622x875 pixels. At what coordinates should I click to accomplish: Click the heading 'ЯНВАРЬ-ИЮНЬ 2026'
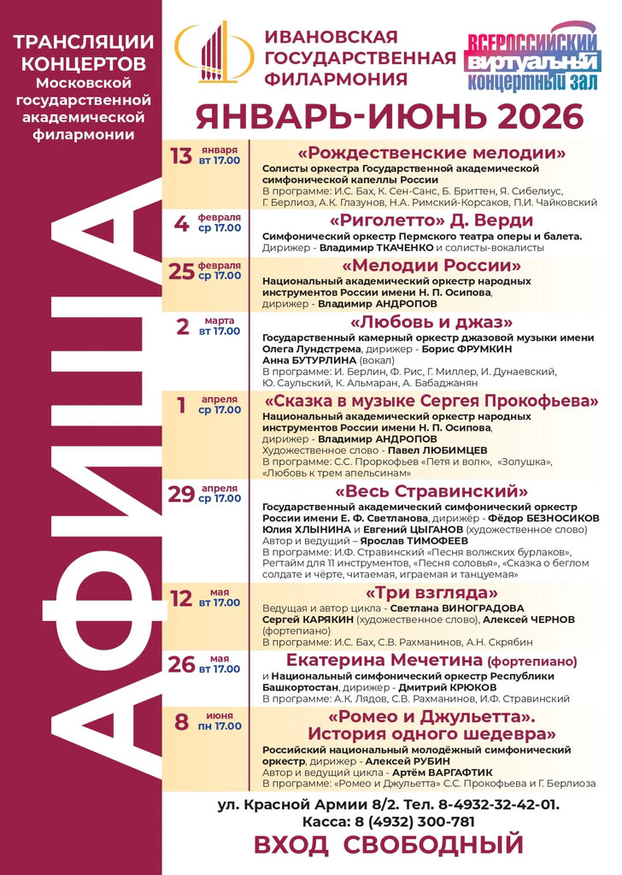(389, 115)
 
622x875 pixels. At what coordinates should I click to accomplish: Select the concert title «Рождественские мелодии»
(431, 154)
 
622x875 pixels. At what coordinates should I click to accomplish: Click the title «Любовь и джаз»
(431, 322)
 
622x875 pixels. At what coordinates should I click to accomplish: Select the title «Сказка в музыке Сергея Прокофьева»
(431, 401)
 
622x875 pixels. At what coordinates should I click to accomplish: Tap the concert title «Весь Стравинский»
(431, 491)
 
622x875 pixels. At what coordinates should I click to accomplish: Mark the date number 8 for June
(181, 721)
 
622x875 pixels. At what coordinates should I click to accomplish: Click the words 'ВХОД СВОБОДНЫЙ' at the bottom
(388, 846)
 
